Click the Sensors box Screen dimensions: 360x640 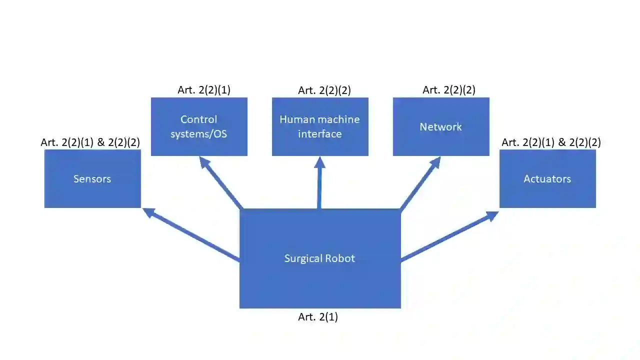tap(92, 178)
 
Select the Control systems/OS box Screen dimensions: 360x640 tap(199, 126)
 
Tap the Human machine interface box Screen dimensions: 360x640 tap(320, 126)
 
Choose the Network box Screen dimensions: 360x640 tap(441, 126)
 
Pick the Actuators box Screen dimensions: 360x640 tap(547, 178)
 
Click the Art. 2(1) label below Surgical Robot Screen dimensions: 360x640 tap(318, 317)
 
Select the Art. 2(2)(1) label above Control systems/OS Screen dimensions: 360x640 tap(204, 90)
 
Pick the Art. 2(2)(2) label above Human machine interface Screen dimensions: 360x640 tap(324, 90)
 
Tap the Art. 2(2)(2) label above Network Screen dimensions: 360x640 tap(449, 90)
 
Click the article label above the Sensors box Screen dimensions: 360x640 tap(90, 142)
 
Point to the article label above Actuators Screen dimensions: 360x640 tap(551, 142)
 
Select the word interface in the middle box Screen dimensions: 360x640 tap(320, 134)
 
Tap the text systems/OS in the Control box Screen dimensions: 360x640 tap(199, 134)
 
